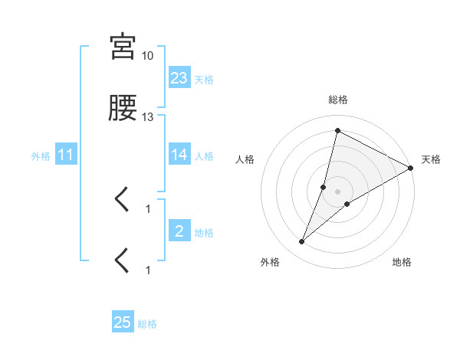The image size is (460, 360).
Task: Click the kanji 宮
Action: (x=123, y=47)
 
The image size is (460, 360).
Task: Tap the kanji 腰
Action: (x=123, y=110)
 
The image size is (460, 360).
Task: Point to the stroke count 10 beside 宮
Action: (x=148, y=56)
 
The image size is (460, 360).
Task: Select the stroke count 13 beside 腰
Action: (x=148, y=117)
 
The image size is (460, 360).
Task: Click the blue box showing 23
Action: (x=179, y=77)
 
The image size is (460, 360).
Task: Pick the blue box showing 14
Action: (x=179, y=155)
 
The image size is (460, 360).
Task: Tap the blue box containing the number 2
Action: (x=179, y=231)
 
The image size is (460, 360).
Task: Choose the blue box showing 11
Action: (x=66, y=155)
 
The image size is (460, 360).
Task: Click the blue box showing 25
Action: (x=123, y=322)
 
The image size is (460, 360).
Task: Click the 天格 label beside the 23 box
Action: (x=204, y=79)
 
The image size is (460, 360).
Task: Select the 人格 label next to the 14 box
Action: (x=204, y=156)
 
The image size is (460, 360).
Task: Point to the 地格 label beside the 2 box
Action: (x=204, y=233)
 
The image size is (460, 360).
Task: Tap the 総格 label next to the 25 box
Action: (x=147, y=324)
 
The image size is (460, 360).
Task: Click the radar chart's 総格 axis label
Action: (x=337, y=100)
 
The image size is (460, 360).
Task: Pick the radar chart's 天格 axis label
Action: (x=431, y=159)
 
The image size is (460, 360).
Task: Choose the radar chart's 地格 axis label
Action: (x=402, y=262)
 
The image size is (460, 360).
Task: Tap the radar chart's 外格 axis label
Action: (x=270, y=262)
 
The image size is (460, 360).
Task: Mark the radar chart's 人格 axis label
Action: (x=245, y=159)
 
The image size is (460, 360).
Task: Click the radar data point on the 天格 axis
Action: (x=411, y=168)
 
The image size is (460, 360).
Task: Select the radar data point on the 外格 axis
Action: (x=302, y=242)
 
